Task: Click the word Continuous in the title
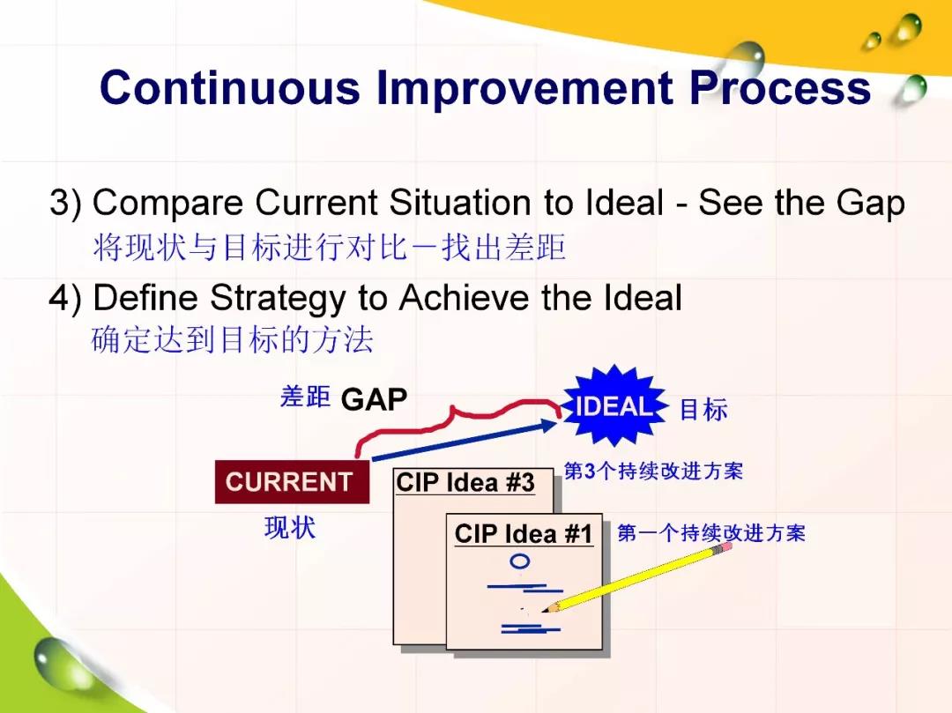click(x=230, y=87)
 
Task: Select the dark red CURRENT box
click(x=292, y=482)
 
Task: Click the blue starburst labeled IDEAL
click(x=614, y=406)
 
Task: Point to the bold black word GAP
click(x=374, y=399)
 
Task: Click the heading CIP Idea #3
click(x=465, y=483)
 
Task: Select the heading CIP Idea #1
click(x=524, y=534)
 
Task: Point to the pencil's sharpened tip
click(x=546, y=610)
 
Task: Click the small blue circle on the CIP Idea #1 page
click(x=520, y=562)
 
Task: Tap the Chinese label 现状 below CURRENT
click(x=290, y=527)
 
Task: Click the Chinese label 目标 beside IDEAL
click(x=703, y=410)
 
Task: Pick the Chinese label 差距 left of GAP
click(x=305, y=397)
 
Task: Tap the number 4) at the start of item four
click(x=65, y=299)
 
